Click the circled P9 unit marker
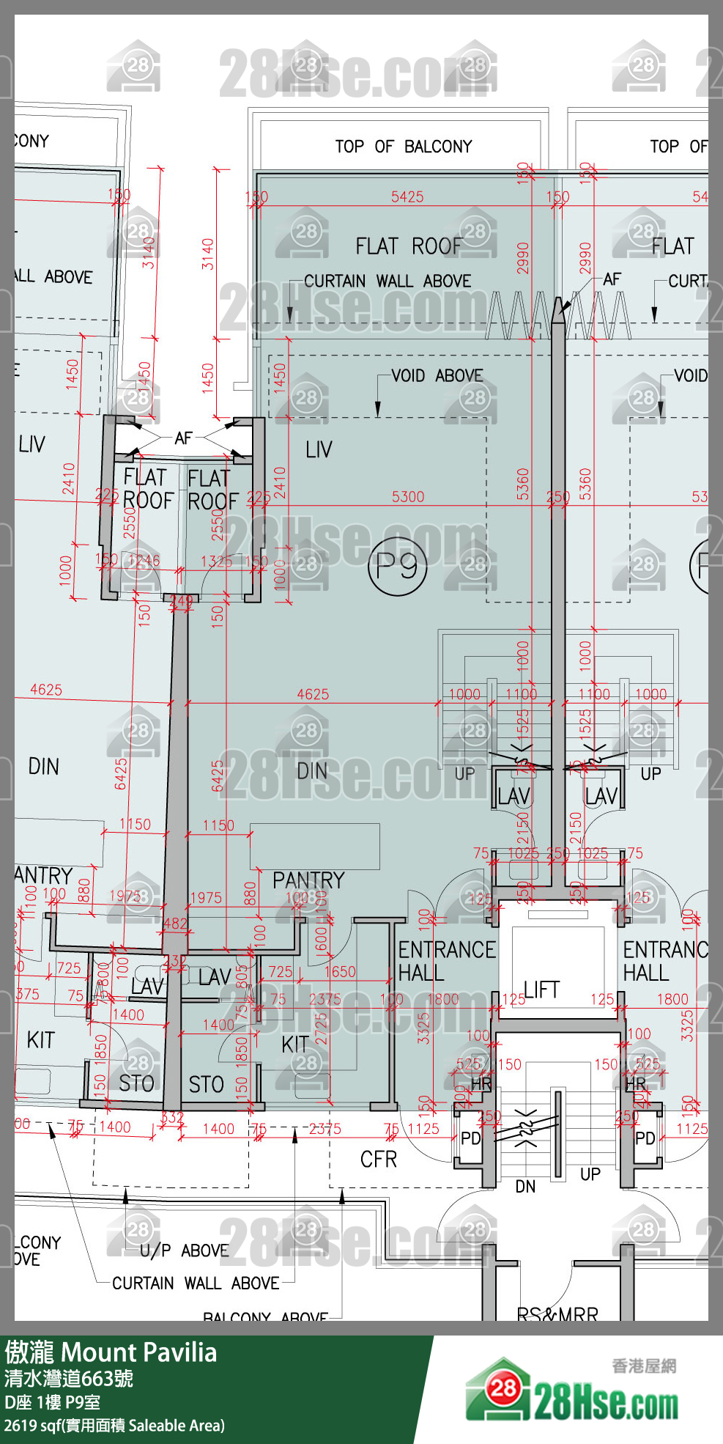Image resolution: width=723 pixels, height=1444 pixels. point(397,566)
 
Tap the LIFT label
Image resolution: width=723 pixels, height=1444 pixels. point(542,990)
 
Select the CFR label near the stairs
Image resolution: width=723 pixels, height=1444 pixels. point(379,1160)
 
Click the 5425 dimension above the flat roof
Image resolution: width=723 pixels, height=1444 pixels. point(407,196)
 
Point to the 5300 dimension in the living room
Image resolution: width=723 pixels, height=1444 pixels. point(408,497)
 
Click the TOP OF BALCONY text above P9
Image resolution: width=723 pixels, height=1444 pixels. point(404,147)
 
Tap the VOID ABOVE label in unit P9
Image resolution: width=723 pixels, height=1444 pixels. point(437,376)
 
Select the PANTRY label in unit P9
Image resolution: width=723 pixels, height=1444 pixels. point(308,880)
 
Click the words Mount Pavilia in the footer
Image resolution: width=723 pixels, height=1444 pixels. point(139,1352)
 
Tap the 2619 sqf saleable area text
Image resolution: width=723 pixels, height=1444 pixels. point(114,1426)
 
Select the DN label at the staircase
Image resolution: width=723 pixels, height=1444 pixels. point(525,1187)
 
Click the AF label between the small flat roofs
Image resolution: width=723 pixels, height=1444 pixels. point(183,438)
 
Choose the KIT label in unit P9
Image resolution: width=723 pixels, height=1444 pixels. point(295,1045)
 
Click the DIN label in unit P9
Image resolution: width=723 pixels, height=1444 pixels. point(312,771)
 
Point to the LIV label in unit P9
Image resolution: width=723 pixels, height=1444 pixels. point(319,449)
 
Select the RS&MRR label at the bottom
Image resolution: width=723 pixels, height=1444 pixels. point(557,1314)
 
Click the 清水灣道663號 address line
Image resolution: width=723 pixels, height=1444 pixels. point(69,1379)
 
